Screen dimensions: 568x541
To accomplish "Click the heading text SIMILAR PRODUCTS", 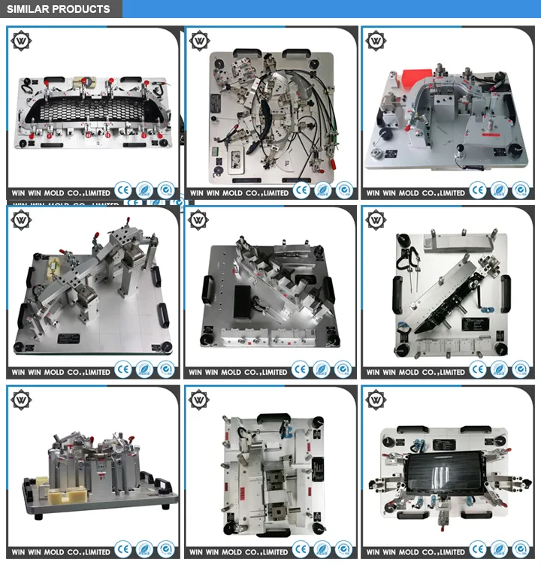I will [59, 10].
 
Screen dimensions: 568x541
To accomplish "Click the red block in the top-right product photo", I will [413, 77].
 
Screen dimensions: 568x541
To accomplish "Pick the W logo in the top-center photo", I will [199, 41].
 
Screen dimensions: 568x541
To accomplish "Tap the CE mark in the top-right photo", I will [477, 191].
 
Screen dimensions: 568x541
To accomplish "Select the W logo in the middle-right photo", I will [376, 220].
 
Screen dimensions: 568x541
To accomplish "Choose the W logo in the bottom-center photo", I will [199, 399].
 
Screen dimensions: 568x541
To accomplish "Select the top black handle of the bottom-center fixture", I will [273, 416].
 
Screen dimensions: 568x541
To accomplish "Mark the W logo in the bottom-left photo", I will [21, 399].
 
